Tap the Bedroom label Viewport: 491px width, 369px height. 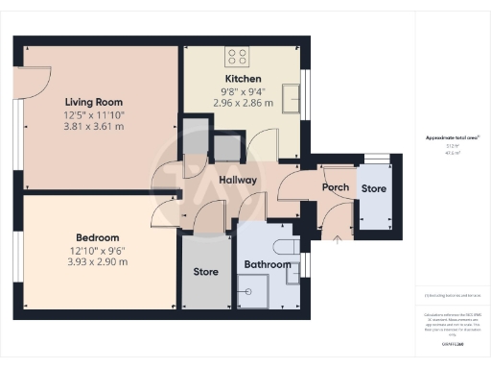click(x=97, y=237)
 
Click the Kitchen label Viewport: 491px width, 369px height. click(x=243, y=79)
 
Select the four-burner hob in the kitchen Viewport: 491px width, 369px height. click(x=236, y=56)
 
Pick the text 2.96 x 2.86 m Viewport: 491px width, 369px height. click(x=243, y=103)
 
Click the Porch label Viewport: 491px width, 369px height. click(x=335, y=187)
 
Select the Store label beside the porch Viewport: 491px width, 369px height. click(x=373, y=187)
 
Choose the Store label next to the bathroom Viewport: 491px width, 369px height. click(x=206, y=272)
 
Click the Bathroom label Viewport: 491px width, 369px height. click(x=267, y=264)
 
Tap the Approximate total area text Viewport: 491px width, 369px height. click(x=445, y=137)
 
